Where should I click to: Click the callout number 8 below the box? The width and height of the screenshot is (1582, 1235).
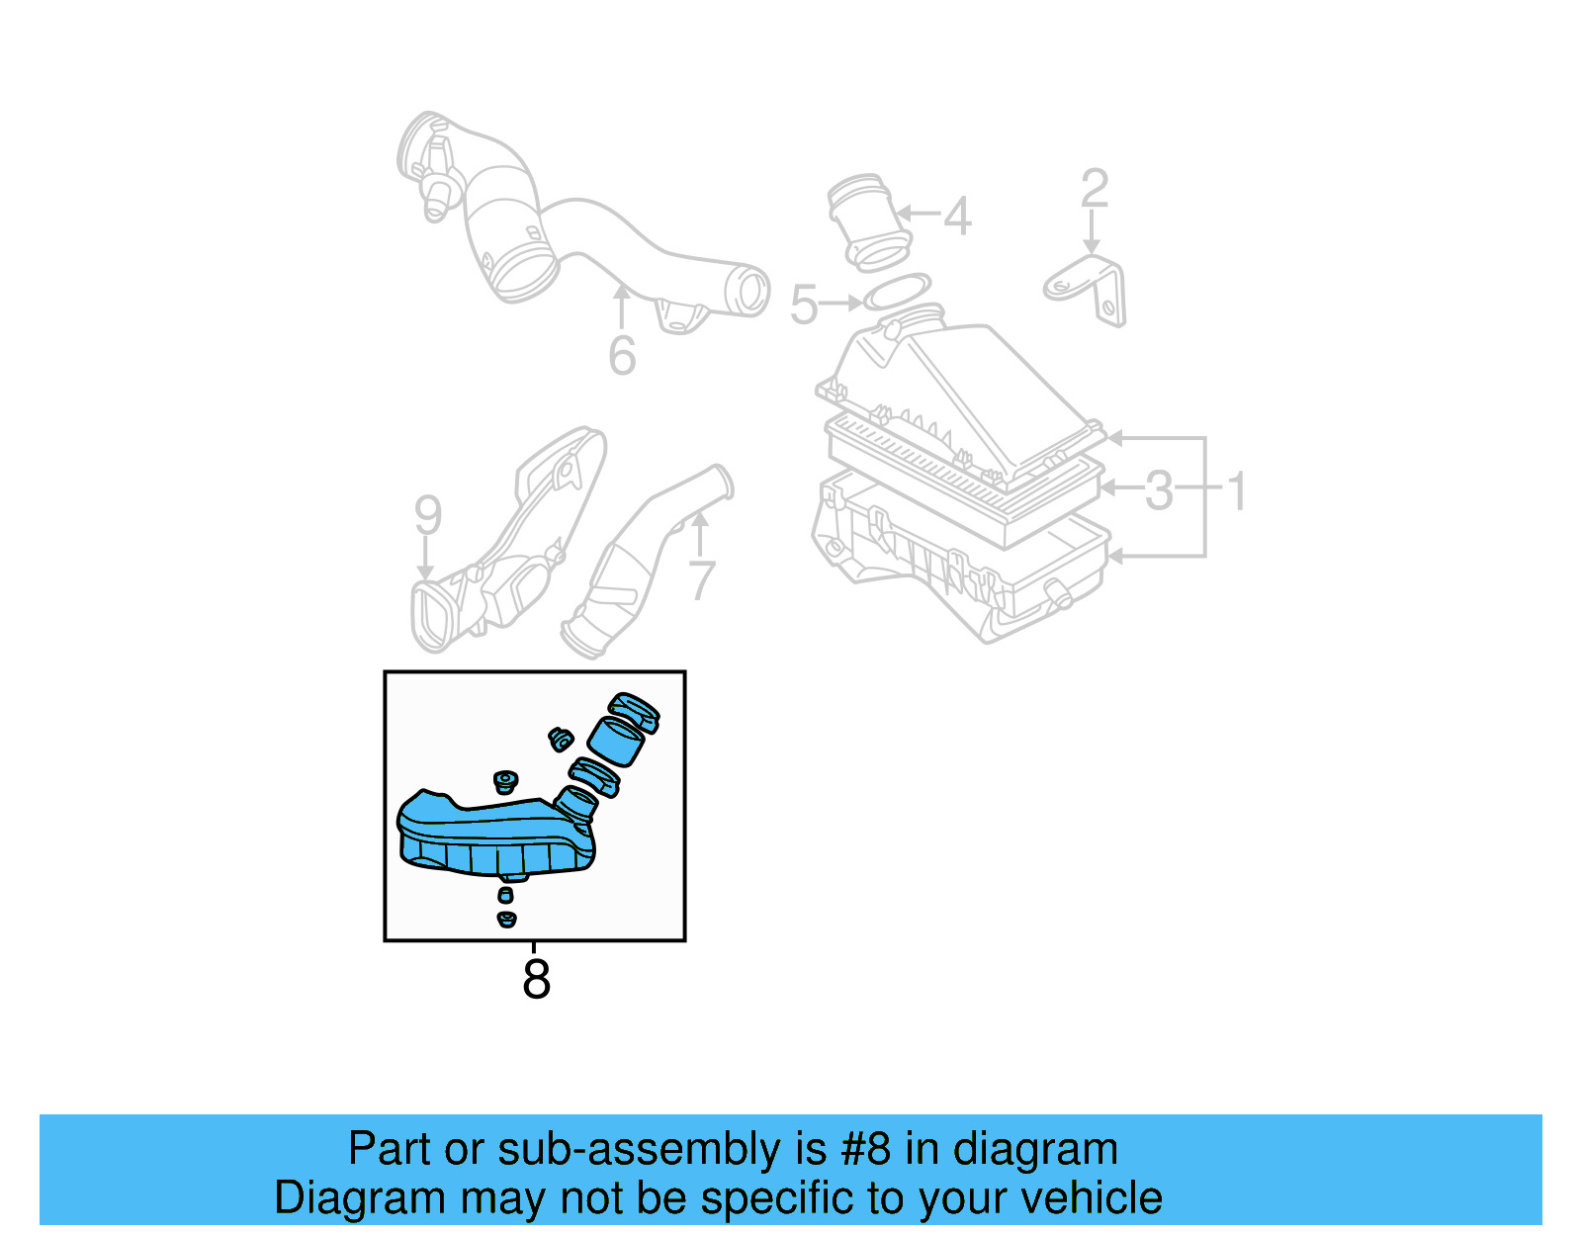(x=535, y=979)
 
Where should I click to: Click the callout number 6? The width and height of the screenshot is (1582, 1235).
(x=622, y=356)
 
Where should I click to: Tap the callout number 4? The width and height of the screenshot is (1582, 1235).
(x=957, y=217)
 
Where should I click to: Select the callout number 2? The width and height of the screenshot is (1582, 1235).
(x=1095, y=189)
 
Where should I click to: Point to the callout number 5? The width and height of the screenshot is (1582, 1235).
(x=804, y=305)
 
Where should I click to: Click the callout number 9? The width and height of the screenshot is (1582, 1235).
(x=427, y=515)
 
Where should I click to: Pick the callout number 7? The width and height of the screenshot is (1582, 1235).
(x=701, y=580)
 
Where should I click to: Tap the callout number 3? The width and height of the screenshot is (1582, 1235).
(x=1159, y=490)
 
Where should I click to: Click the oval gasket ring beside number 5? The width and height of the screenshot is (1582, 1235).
(x=897, y=292)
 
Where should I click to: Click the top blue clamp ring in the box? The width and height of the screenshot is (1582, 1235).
(x=634, y=711)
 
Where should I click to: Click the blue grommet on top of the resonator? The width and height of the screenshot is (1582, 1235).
(x=505, y=781)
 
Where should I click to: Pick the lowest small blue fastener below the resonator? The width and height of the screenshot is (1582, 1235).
(x=506, y=920)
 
